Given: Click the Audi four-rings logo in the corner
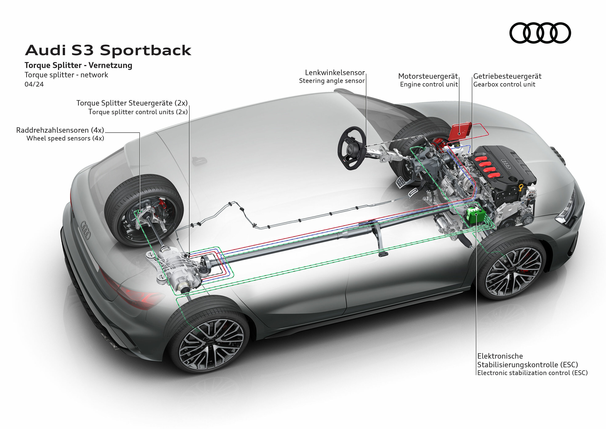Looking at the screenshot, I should [x=540, y=33].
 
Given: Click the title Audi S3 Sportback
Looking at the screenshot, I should [x=108, y=50].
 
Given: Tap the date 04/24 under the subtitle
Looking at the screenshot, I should [x=34, y=84].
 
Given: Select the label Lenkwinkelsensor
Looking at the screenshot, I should [x=335, y=73].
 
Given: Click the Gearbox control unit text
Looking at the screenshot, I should [x=504, y=84].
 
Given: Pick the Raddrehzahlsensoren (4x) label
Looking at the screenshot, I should [x=60, y=130].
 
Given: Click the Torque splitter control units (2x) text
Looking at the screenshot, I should [x=138, y=112].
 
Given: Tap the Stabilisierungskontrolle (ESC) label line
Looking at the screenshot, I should [x=527, y=365].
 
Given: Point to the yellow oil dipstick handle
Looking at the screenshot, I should [x=521, y=188].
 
